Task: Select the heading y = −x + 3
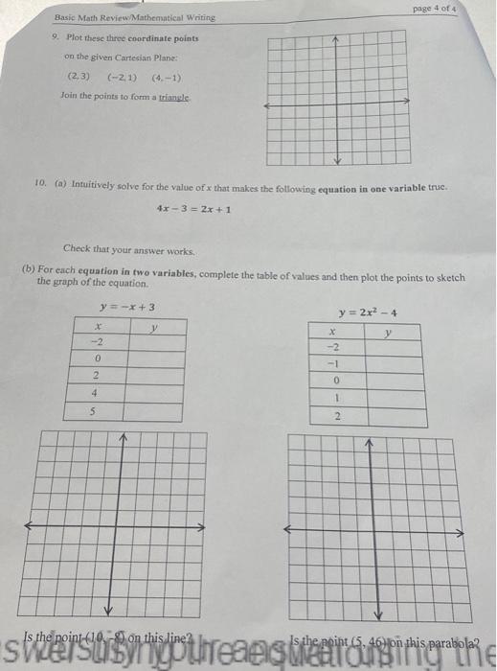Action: coord(127,308)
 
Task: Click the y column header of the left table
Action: coord(154,326)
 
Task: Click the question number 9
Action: coord(56,37)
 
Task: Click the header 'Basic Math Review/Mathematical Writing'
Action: coord(134,17)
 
